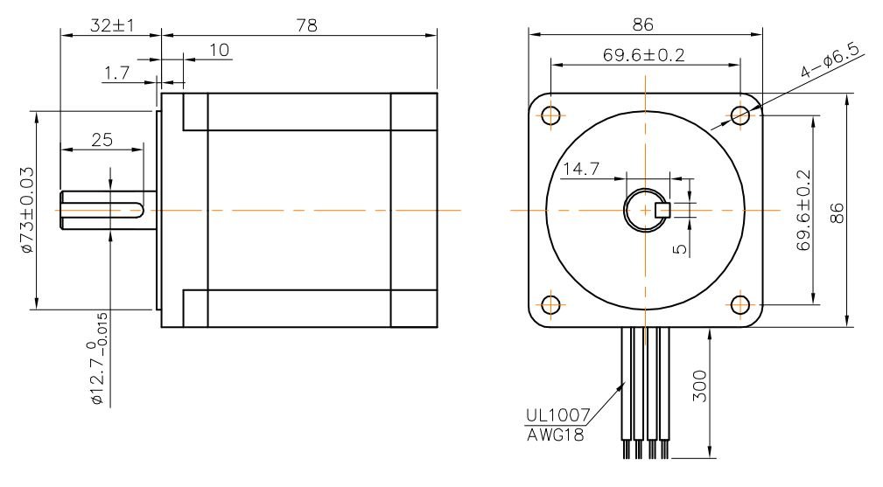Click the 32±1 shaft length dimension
point(111,25)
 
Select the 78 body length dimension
point(305,25)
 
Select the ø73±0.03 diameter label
point(26,211)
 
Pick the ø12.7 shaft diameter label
point(98,358)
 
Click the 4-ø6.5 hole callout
point(830,69)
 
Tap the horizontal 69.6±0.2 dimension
point(644,54)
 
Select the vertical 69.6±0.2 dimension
point(803,211)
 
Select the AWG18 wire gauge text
point(555,434)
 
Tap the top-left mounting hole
point(550,115)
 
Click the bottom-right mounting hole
point(739,304)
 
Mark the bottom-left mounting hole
point(550,304)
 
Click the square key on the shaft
point(662,209)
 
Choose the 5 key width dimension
point(681,248)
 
